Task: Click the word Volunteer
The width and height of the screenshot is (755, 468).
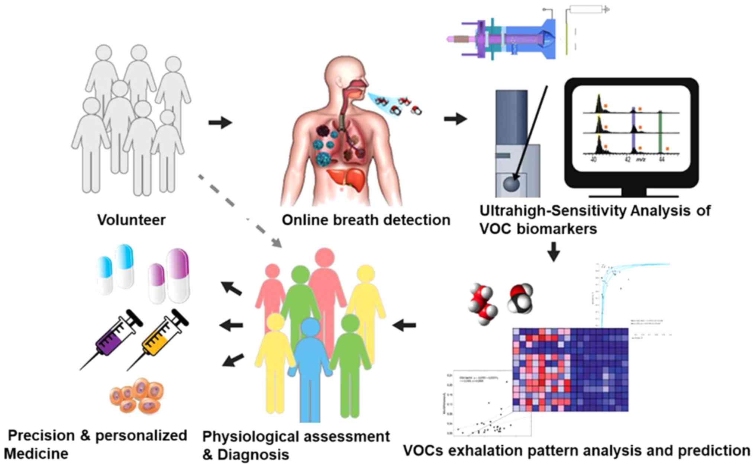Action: click(x=131, y=220)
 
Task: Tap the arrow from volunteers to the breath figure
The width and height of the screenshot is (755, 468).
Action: click(x=220, y=122)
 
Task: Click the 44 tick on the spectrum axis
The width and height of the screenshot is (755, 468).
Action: click(x=662, y=159)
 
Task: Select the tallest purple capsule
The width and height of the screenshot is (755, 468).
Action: click(x=179, y=275)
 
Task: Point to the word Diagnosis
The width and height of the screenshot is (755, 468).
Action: click(x=253, y=455)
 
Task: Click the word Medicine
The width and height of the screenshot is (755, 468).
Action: click(x=36, y=453)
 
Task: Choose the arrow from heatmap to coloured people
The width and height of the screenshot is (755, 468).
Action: click(x=404, y=326)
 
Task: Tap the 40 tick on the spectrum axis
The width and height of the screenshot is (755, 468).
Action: click(x=594, y=159)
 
